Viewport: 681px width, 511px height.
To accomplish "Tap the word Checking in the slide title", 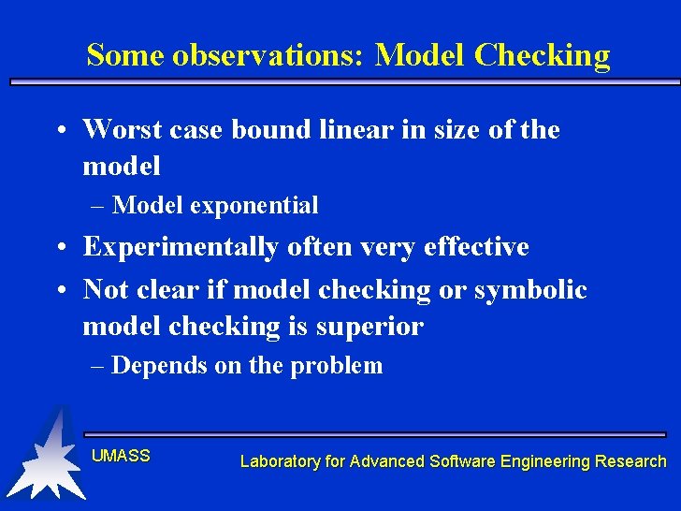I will tap(542, 55).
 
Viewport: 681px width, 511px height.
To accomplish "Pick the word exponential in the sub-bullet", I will tap(254, 205).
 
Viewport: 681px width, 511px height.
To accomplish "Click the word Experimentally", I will tap(181, 247).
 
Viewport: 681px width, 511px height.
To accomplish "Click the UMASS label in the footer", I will tap(121, 456).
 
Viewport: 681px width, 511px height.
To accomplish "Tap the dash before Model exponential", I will tap(98, 205).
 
